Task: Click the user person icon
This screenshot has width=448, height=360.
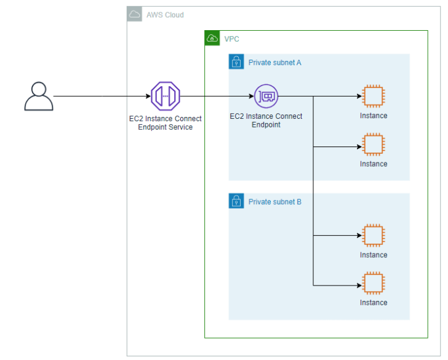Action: (x=38, y=97)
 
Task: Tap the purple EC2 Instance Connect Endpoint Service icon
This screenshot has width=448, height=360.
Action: (x=165, y=96)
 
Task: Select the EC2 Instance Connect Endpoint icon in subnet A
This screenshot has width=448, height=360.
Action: (x=266, y=96)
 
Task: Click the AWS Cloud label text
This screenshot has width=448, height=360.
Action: (x=165, y=15)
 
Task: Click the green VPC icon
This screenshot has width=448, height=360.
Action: (x=212, y=38)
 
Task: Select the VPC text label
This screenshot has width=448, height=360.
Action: (x=232, y=39)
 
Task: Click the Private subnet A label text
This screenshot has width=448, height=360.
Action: (x=274, y=62)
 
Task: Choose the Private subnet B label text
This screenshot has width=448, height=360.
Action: (x=274, y=201)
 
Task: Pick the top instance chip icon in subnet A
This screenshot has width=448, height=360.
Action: (x=373, y=97)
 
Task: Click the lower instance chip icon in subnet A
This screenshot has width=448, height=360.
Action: (x=373, y=145)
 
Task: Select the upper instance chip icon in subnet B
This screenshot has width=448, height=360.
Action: (x=373, y=236)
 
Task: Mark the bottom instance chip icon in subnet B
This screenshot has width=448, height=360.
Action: (x=373, y=283)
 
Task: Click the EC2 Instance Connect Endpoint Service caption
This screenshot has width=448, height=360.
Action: (x=165, y=123)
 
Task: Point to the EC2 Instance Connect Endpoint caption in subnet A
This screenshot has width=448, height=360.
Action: (x=266, y=120)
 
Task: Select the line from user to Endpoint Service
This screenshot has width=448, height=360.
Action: (x=102, y=97)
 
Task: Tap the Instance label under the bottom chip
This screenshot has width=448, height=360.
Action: (x=373, y=302)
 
